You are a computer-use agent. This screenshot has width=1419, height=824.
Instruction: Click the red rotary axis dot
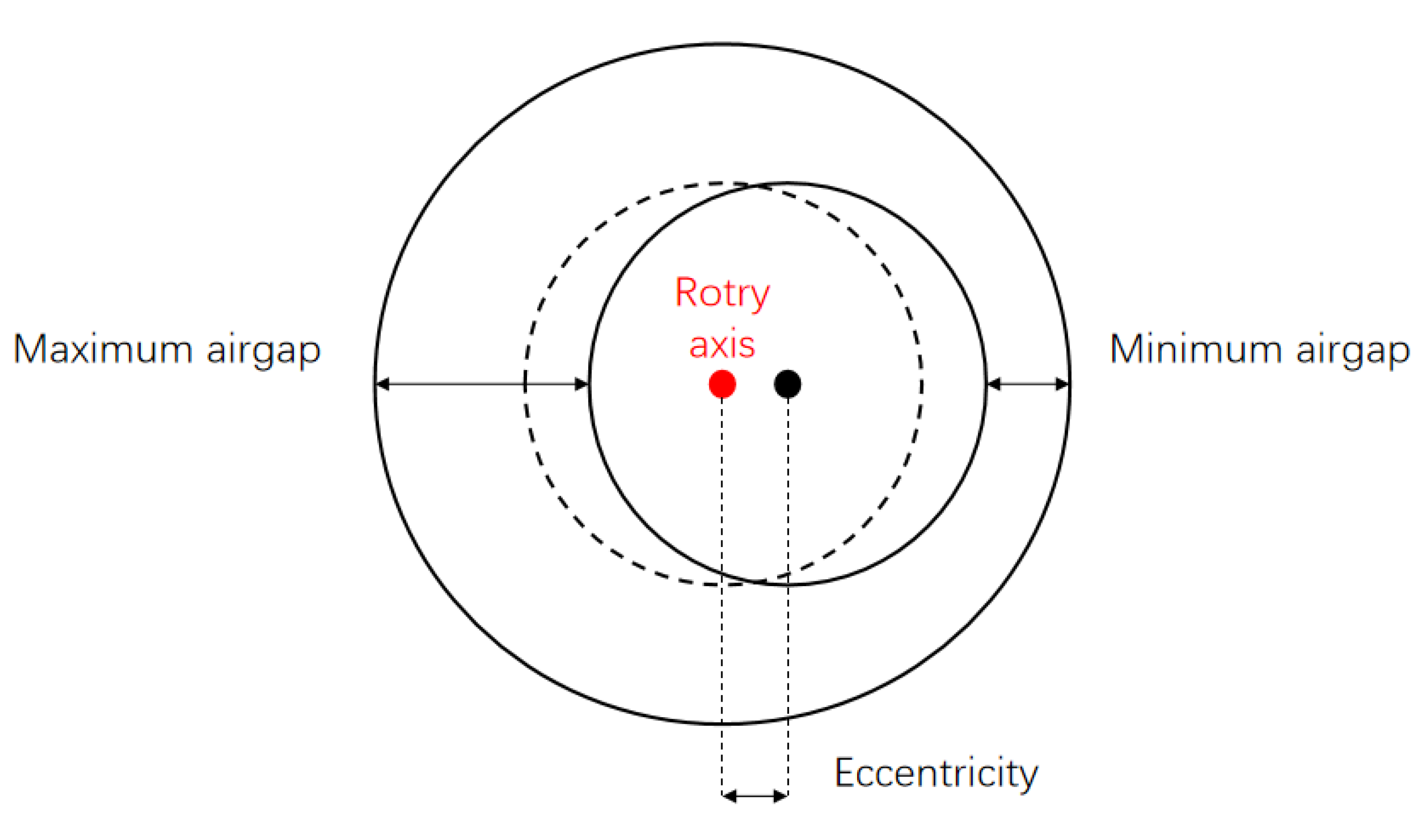(722, 384)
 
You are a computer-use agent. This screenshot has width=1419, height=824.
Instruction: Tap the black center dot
(787, 384)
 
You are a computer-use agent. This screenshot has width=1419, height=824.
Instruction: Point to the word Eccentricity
(935, 775)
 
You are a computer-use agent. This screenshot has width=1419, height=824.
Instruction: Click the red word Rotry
(722, 293)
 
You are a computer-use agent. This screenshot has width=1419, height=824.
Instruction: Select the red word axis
(722, 345)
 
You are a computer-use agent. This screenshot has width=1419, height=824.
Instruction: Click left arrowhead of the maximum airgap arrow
(383, 384)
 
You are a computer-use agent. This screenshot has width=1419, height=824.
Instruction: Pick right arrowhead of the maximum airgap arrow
(581, 384)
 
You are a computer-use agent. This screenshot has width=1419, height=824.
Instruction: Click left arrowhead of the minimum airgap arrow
(994, 384)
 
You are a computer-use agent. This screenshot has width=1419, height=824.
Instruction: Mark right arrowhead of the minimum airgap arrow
(1062, 384)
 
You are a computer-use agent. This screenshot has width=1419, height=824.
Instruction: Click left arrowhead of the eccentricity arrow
(729, 796)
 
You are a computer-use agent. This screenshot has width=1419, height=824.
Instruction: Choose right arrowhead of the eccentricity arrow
(780, 796)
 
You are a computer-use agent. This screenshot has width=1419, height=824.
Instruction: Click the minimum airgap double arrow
(1028, 384)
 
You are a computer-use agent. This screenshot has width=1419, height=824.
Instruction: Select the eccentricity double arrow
(755, 796)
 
